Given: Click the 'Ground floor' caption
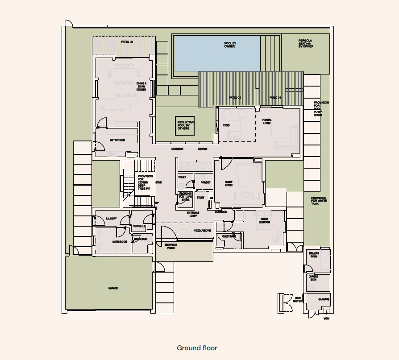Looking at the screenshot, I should click(197, 348).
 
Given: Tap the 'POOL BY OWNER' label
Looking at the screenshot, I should click(229, 45).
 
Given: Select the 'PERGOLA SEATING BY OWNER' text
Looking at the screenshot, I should click(306, 43).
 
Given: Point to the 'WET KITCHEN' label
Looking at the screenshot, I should click(117, 140).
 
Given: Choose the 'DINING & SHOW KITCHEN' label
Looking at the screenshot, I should click(141, 87).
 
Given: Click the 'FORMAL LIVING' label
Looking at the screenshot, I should click(267, 121).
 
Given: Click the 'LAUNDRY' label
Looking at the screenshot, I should click(111, 219).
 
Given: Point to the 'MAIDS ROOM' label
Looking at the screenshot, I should click(120, 242).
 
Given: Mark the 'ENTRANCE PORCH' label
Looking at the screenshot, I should click(171, 246).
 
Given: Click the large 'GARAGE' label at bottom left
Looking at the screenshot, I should click(113, 288).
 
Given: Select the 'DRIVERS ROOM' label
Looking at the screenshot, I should click(314, 255).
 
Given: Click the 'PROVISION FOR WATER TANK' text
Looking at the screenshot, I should click(319, 200).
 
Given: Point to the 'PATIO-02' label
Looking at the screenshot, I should click(127, 42).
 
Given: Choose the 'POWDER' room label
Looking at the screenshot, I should click(205, 182).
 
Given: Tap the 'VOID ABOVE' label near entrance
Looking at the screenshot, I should click(203, 231).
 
